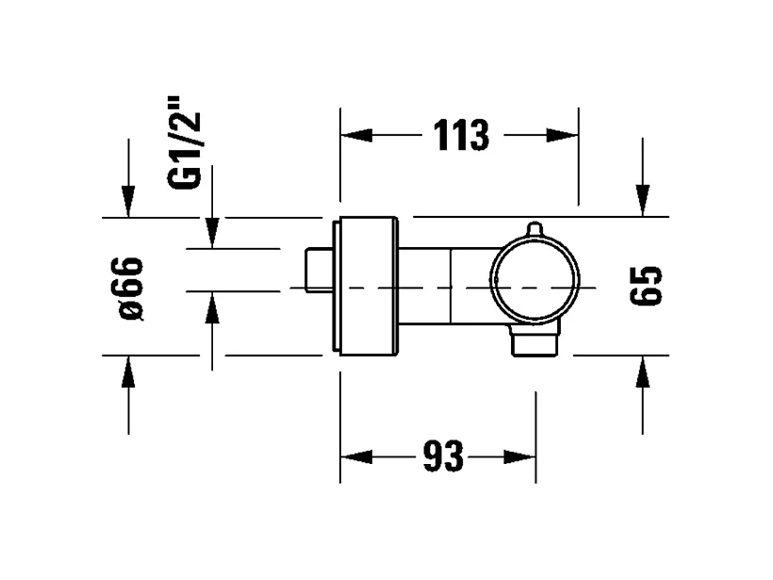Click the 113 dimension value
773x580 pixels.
point(462,136)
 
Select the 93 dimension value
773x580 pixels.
point(442,457)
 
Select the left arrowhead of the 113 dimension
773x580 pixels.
point(354,136)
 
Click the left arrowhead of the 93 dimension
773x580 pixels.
point(354,457)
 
